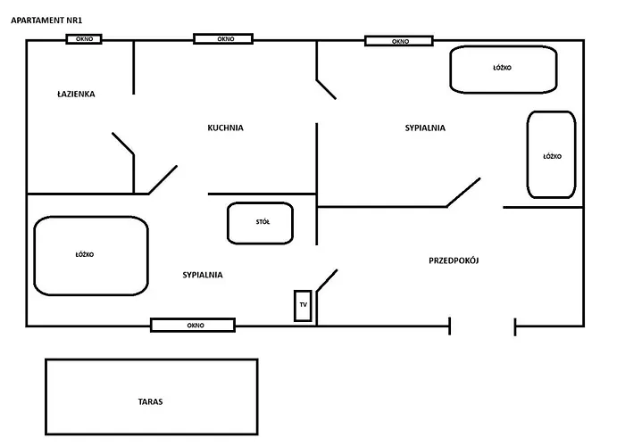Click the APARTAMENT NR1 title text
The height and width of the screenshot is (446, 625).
46,21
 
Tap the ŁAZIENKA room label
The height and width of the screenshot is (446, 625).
76,94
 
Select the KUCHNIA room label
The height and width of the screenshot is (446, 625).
225,128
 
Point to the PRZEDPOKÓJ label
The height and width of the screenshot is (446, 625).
454,260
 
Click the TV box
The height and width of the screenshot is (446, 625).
303,305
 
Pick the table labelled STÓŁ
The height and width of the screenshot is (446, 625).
261,223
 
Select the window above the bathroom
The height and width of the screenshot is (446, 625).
84,39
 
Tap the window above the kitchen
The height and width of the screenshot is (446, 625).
223,38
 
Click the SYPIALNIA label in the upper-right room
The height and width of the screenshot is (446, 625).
425,128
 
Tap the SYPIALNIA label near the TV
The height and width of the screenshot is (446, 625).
203,275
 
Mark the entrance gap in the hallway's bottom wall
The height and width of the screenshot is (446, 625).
482,326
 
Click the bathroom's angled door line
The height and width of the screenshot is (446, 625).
123,144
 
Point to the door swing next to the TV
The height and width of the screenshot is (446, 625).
327,281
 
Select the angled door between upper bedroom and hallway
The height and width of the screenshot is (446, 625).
463,193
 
